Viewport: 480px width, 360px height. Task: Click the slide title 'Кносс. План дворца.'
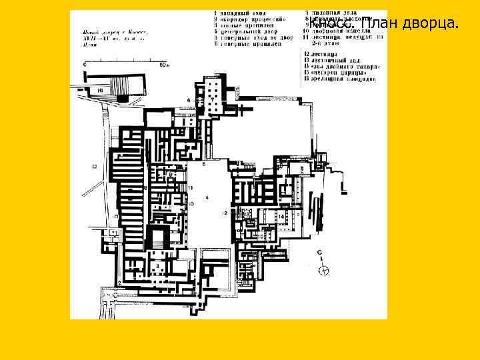384,25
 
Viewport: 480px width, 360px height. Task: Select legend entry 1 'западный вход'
239,13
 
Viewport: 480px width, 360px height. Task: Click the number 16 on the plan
99,89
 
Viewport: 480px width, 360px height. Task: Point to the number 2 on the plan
119,283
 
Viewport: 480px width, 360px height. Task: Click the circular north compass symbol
324,270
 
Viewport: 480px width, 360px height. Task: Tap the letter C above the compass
320,253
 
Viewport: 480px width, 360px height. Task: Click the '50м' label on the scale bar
164,65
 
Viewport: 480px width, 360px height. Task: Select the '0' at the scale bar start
86,65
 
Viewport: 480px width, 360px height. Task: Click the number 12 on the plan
225,212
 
